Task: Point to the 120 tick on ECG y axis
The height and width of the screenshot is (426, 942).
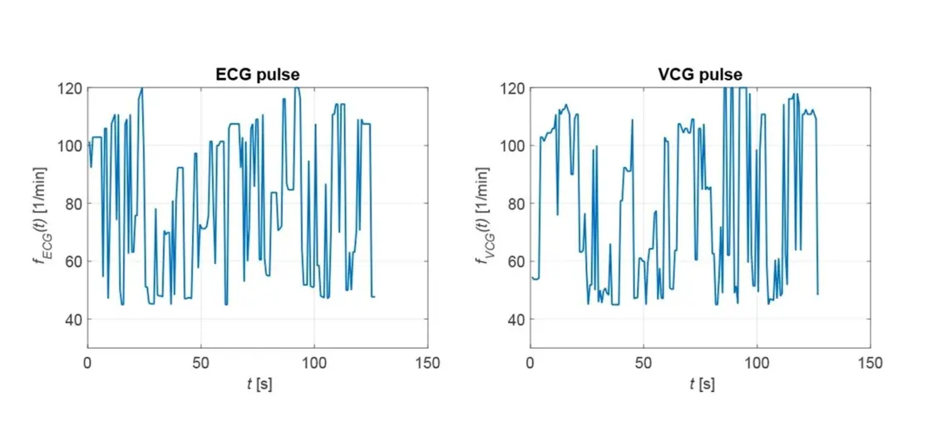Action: coord(69,88)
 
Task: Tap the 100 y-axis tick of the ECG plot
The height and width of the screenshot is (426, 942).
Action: coord(69,145)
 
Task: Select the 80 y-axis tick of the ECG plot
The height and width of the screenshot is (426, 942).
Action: coord(72,203)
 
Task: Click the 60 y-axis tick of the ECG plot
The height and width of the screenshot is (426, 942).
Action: coord(72,262)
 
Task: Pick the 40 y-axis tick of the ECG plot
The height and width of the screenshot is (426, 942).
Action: coord(72,320)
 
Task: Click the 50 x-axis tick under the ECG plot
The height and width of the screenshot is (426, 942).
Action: coord(200,363)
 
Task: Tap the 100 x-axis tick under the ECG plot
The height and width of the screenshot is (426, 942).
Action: coord(314,363)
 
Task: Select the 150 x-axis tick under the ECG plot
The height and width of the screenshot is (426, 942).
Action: coord(427,363)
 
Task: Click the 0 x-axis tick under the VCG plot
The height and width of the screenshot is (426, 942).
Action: coord(530,363)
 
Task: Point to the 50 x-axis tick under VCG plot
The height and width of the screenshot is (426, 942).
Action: coord(644,363)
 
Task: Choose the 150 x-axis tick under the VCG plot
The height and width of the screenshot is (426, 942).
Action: coord(870,363)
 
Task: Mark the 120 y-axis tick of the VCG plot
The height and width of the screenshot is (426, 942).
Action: coord(512,88)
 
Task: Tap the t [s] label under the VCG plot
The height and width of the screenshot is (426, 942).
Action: coord(701,384)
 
